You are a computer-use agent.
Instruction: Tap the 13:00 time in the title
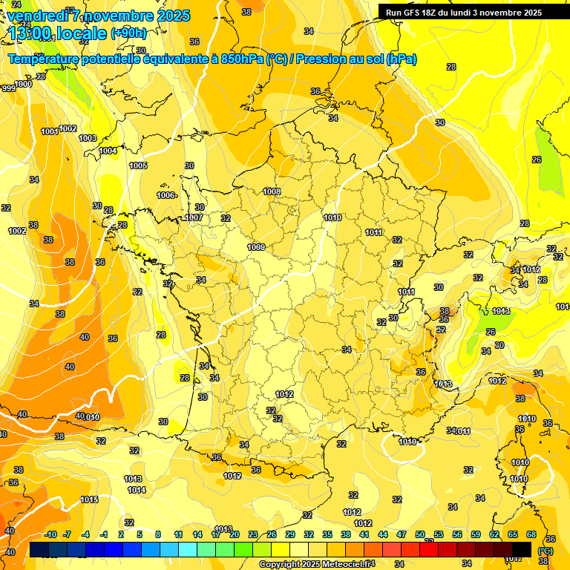tap(30, 33)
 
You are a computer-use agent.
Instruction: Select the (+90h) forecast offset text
tap(128, 33)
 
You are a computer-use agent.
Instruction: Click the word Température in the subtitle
tap(44, 59)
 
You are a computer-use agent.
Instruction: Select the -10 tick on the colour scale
tap(50, 534)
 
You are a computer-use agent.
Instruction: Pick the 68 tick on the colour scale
tap(531, 534)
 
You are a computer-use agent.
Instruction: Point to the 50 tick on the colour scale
tap(420, 534)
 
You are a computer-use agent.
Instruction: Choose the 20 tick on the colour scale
tap(235, 534)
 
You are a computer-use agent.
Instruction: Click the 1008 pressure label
tap(272, 191)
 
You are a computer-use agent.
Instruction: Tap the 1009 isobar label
tap(256, 247)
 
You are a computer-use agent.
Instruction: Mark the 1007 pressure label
tap(194, 217)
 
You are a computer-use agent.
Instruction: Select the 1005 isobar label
tap(138, 166)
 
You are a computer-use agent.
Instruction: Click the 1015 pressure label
tap(89, 499)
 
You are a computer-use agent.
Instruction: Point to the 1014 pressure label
tap(136, 490)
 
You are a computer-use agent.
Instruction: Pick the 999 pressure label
tap(8, 88)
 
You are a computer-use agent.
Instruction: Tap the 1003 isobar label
tap(88, 138)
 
